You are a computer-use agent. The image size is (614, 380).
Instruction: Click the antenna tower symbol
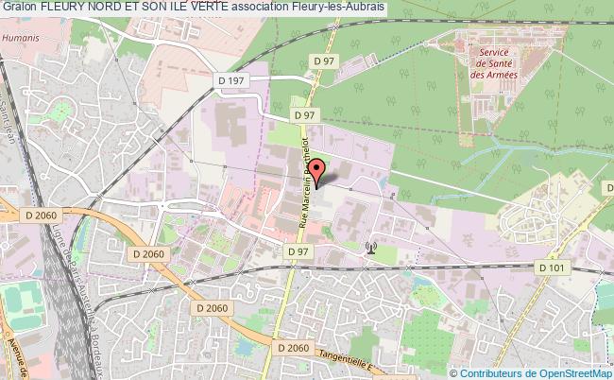(x=370, y=250)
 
